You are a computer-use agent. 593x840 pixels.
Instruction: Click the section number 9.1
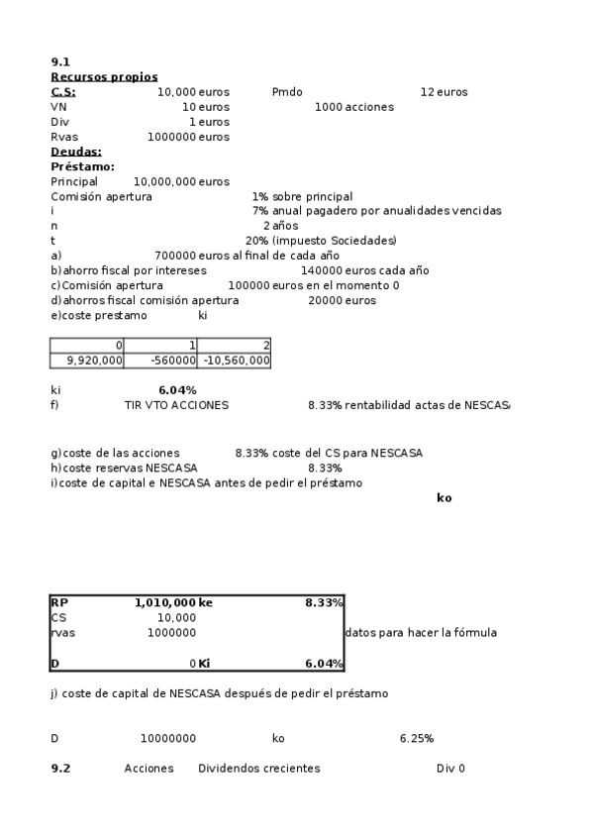(59, 61)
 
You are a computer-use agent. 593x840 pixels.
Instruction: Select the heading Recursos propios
(104, 77)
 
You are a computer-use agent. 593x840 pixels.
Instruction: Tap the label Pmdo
(287, 92)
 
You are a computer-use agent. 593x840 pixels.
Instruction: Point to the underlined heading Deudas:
(76, 152)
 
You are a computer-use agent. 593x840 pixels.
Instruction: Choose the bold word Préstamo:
(82, 166)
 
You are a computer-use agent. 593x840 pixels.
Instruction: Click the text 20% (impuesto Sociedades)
(321, 241)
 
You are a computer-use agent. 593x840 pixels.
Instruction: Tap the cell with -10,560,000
(236, 361)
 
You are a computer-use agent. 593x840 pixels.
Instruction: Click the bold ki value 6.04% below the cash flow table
(177, 390)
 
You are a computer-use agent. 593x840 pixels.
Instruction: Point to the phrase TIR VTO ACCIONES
(176, 405)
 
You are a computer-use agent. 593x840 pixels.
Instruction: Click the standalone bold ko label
(444, 497)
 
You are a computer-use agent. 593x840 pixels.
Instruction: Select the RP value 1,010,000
(164, 602)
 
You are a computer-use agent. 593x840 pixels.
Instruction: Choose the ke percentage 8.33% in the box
(324, 602)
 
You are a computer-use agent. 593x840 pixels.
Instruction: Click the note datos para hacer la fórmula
(420, 633)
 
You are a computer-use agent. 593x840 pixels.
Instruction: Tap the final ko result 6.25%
(417, 739)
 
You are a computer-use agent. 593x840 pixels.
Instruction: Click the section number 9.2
(60, 769)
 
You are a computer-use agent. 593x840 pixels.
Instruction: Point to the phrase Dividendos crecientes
(259, 769)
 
